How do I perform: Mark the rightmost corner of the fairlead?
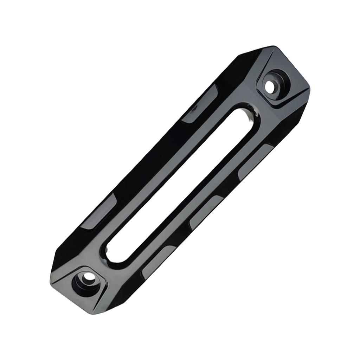(x=310, y=89)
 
